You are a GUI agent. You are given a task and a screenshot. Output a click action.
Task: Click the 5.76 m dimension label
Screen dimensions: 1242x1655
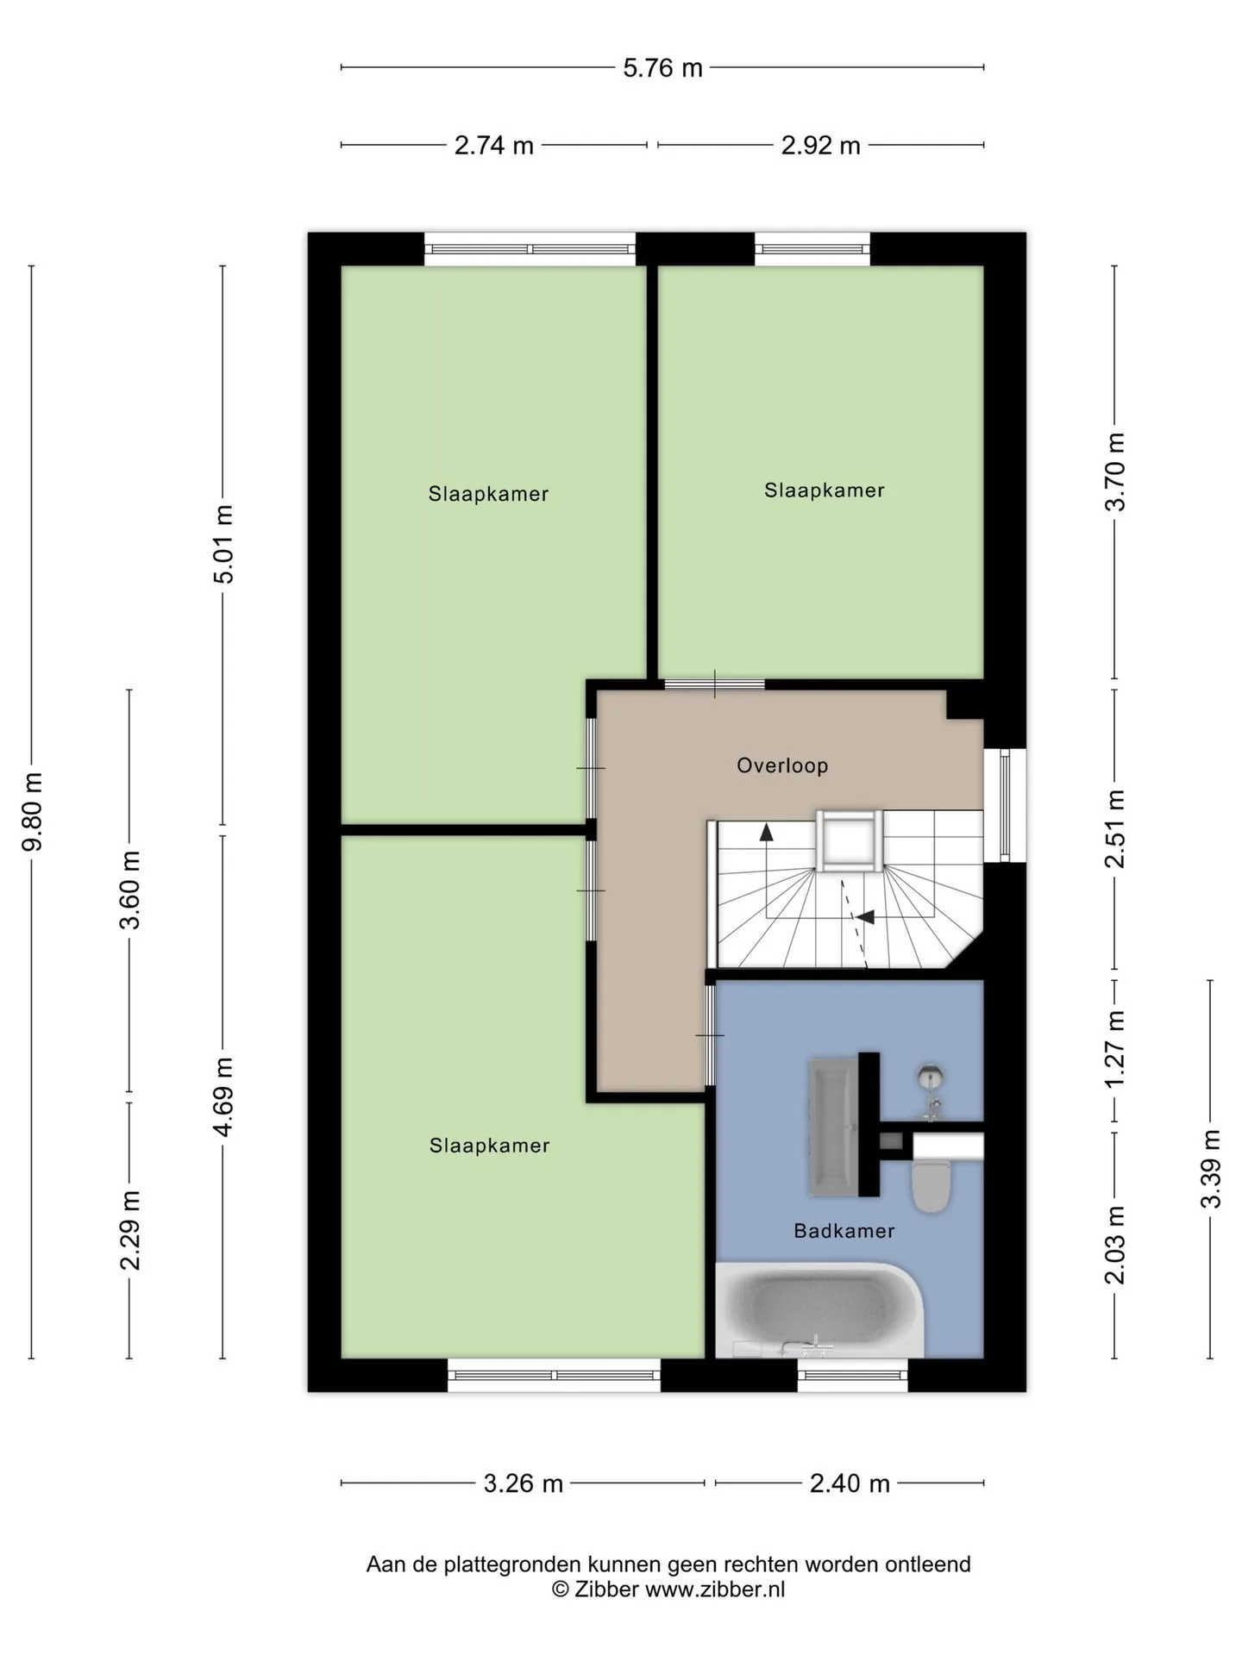click(x=662, y=68)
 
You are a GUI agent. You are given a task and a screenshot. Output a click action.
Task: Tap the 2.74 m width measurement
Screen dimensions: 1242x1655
click(x=494, y=146)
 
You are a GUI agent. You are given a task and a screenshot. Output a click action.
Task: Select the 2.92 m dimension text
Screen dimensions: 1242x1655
click(x=820, y=146)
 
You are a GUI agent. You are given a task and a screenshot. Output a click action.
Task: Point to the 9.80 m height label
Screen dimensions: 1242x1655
click(x=33, y=811)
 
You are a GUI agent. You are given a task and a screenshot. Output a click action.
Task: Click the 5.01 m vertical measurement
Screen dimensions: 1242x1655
click(x=223, y=544)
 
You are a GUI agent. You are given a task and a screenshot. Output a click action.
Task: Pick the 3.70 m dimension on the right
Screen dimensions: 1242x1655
click(x=1115, y=472)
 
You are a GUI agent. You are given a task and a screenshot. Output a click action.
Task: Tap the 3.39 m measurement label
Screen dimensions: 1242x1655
click(x=1211, y=1169)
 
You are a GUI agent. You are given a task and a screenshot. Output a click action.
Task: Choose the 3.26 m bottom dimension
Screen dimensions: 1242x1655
click(x=523, y=1483)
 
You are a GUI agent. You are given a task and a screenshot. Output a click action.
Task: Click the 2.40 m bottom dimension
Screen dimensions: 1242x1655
click(x=850, y=1483)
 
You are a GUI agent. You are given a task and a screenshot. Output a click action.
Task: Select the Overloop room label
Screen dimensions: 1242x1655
click(x=782, y=765)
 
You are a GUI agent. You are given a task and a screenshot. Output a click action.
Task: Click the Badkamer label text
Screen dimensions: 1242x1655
click(x=844, y=1231)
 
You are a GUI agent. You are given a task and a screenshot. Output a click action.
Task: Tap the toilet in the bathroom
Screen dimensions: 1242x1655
click(x=931, y=1184)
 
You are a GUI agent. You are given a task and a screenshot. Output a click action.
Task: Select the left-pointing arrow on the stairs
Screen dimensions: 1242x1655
click(x=863, y=917)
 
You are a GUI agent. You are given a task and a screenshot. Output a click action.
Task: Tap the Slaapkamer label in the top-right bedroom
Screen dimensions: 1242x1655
click(x=824, y=490)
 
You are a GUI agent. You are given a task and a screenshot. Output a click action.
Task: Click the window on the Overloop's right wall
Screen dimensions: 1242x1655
click(x=1005, y=805)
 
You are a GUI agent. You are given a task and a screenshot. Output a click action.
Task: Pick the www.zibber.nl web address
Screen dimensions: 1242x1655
click(x=715, y=1590)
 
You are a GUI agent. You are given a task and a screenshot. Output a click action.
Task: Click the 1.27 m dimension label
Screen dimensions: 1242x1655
click(x=1115, y=1048)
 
